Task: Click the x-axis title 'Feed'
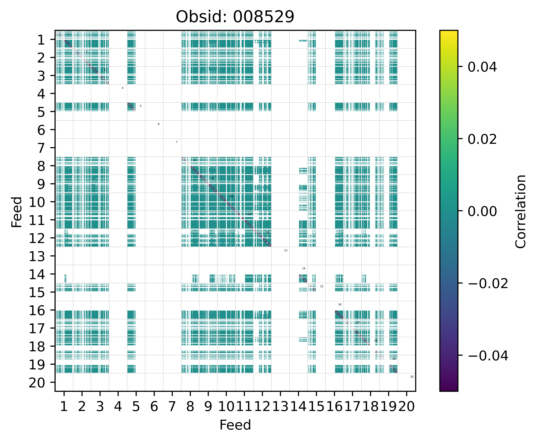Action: pyautogui.click(x=235, y=425)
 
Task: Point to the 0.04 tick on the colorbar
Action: pyautogui.click(x=482, y=67)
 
